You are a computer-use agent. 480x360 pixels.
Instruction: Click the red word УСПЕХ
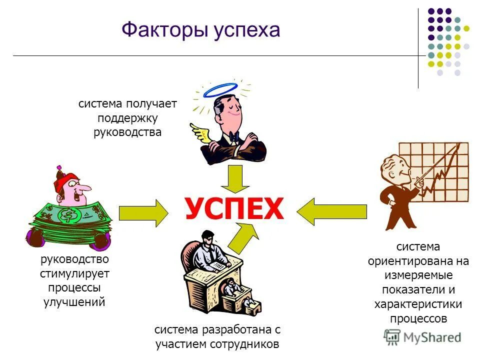(x=234, y=209)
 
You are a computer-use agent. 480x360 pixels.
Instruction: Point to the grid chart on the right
(x=440, y=170)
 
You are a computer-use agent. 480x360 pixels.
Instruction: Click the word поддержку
(x=127, y=118)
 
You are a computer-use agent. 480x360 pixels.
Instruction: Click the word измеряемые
(x=418, y=275)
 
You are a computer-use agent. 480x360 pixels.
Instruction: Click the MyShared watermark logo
(x=422, y=337)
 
